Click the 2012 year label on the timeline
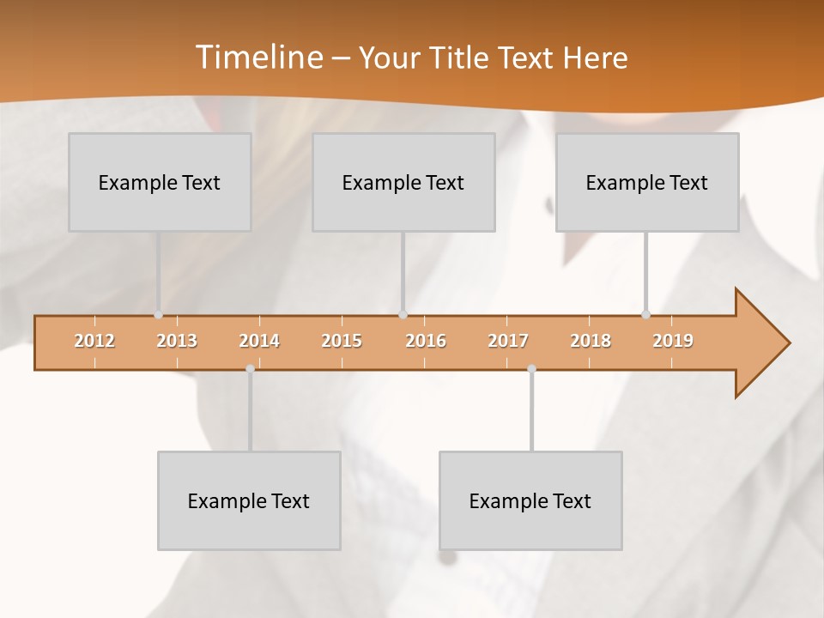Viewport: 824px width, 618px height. point(94,341)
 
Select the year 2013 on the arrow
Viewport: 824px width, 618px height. point(177,341)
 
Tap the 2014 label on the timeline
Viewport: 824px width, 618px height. point(259,341)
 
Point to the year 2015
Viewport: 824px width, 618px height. point(342,341)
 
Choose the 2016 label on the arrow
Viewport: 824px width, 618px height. point(426,341)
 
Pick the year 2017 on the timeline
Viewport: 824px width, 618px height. point(508,341)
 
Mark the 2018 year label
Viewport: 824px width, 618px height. point(591,341)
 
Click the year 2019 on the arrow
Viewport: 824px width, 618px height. point(673,341)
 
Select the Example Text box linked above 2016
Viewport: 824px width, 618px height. point(403,182)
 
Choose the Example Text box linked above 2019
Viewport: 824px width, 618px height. point(647,182)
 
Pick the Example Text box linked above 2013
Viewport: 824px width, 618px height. point(160,182)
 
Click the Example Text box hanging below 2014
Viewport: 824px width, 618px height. point(249,500)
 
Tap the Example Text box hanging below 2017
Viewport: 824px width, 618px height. point(530,500)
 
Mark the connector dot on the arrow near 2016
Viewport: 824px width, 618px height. point(403,315)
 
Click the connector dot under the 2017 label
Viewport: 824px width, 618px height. point(531,368)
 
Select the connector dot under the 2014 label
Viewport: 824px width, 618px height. point(250,368)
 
